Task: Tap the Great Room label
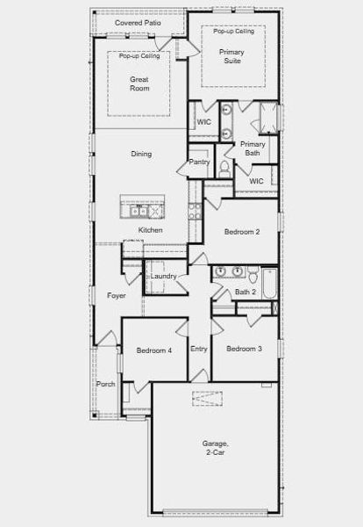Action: [x=139, y=84]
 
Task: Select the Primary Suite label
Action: [x=232, y=57]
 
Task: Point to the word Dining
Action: [x=141, y=154]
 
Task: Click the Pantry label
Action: [x=199, y=162]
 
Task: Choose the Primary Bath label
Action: [x=253, y=148]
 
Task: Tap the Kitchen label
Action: [x=150, y=230]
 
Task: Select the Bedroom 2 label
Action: [x=242, y=232]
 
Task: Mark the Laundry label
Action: [x=164, y=277]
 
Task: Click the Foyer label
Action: [x=116, y=296]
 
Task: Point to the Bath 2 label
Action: [x=246, y=292]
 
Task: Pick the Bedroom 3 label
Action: [x=245, y=349]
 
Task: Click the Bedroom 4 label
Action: [x=153, y=351]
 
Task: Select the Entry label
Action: [x=199, y=349]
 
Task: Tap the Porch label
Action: [x=105, y=384]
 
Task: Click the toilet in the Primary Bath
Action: [x=224, y=170]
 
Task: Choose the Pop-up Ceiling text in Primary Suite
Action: [x=234, y=31]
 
